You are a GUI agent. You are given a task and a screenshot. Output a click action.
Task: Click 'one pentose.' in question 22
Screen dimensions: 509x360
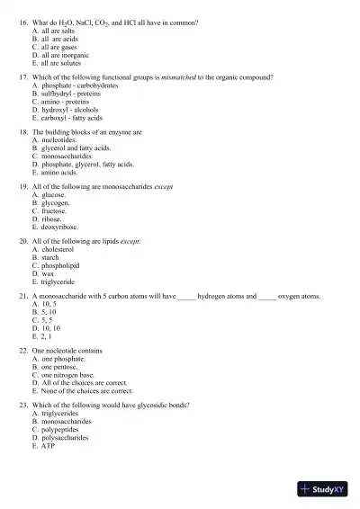click(x=59, y=367)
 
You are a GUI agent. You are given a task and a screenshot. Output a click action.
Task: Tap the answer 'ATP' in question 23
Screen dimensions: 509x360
click(x=49, y=445)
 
